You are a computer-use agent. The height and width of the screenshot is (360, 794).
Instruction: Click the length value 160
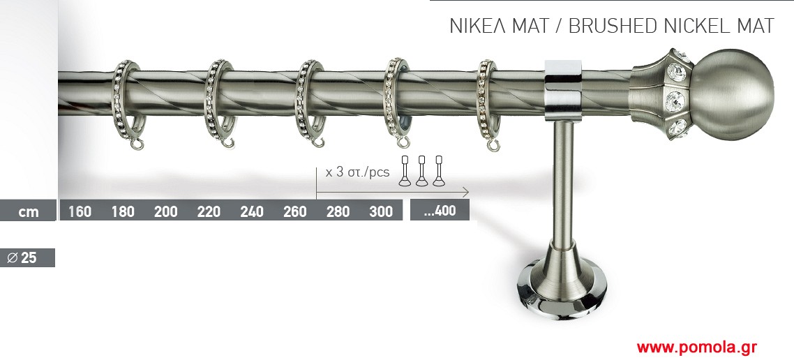tap(80, 211)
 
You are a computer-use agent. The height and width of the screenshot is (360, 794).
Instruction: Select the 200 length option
tap(165, 211)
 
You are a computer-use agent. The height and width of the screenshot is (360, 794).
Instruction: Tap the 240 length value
tap(252, 211)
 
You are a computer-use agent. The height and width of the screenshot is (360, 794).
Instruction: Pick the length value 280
tap(338, 211)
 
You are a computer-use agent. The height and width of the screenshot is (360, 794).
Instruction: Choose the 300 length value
tap(381, 211)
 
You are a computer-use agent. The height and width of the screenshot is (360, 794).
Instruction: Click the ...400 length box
tap(440, 210)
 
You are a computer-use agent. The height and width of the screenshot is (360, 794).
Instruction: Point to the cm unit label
tap(29, 211)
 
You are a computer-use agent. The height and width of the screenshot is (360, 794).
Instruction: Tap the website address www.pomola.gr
tap(697, 347)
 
